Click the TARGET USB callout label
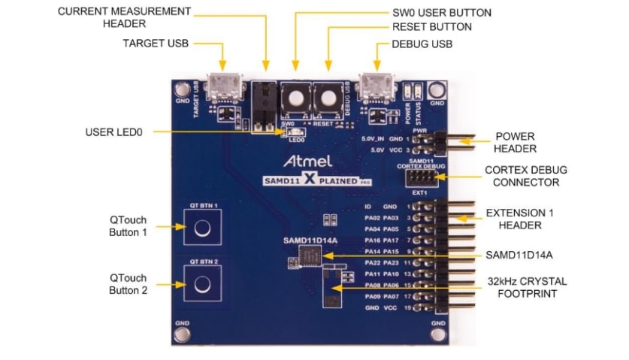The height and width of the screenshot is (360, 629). [x=155, y=43]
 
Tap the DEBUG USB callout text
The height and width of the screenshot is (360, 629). [x=422, y=44]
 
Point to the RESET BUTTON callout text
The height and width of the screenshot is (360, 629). [x=431, y=28]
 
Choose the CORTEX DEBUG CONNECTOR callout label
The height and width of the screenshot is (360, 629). [x=525, y=175]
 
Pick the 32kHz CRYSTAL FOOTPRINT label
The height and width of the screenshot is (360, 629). [x=525, y=287]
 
